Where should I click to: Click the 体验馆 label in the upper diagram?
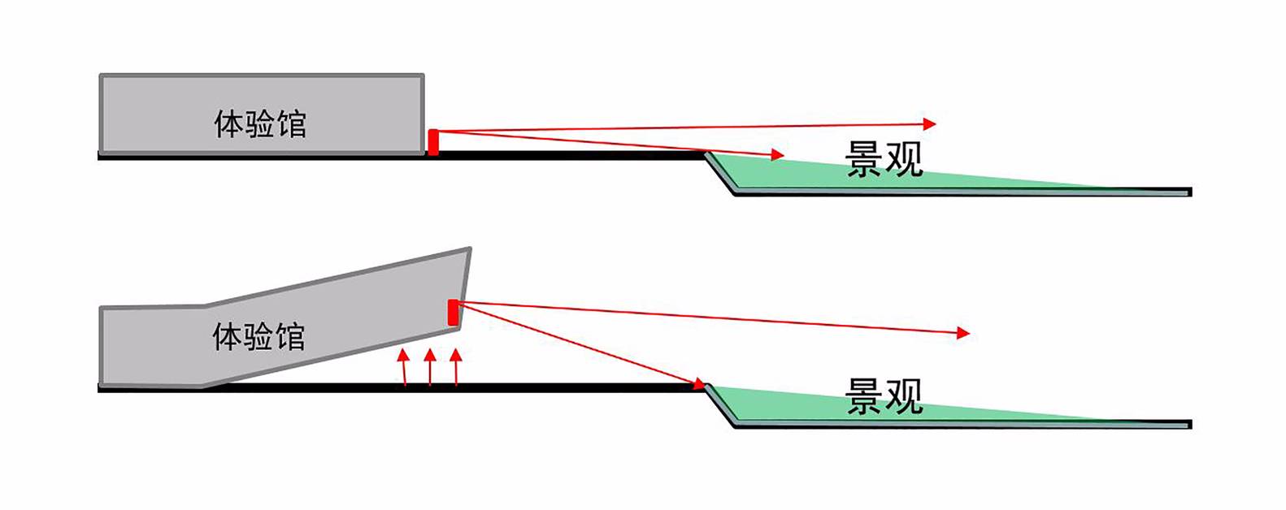pos(259,123)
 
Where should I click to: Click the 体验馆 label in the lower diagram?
pos(259,335)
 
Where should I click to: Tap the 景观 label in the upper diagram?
pos(884,159)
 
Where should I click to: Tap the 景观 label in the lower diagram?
pos(884,396)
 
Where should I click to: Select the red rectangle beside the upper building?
pos(433,141)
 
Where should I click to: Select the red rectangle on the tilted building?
pos(453,312)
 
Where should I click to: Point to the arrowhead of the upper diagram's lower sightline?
pos(778,154)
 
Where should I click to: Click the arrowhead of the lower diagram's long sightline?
pos(964,333)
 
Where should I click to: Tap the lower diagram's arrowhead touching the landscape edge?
pos(697,383)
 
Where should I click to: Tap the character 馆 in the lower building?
pos(290,335)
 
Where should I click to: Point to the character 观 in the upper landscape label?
pos(904,159)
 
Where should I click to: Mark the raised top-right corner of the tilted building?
pos(470,249)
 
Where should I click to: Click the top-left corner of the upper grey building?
pos(101,76)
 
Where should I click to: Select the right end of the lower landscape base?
pos(1190,425)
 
